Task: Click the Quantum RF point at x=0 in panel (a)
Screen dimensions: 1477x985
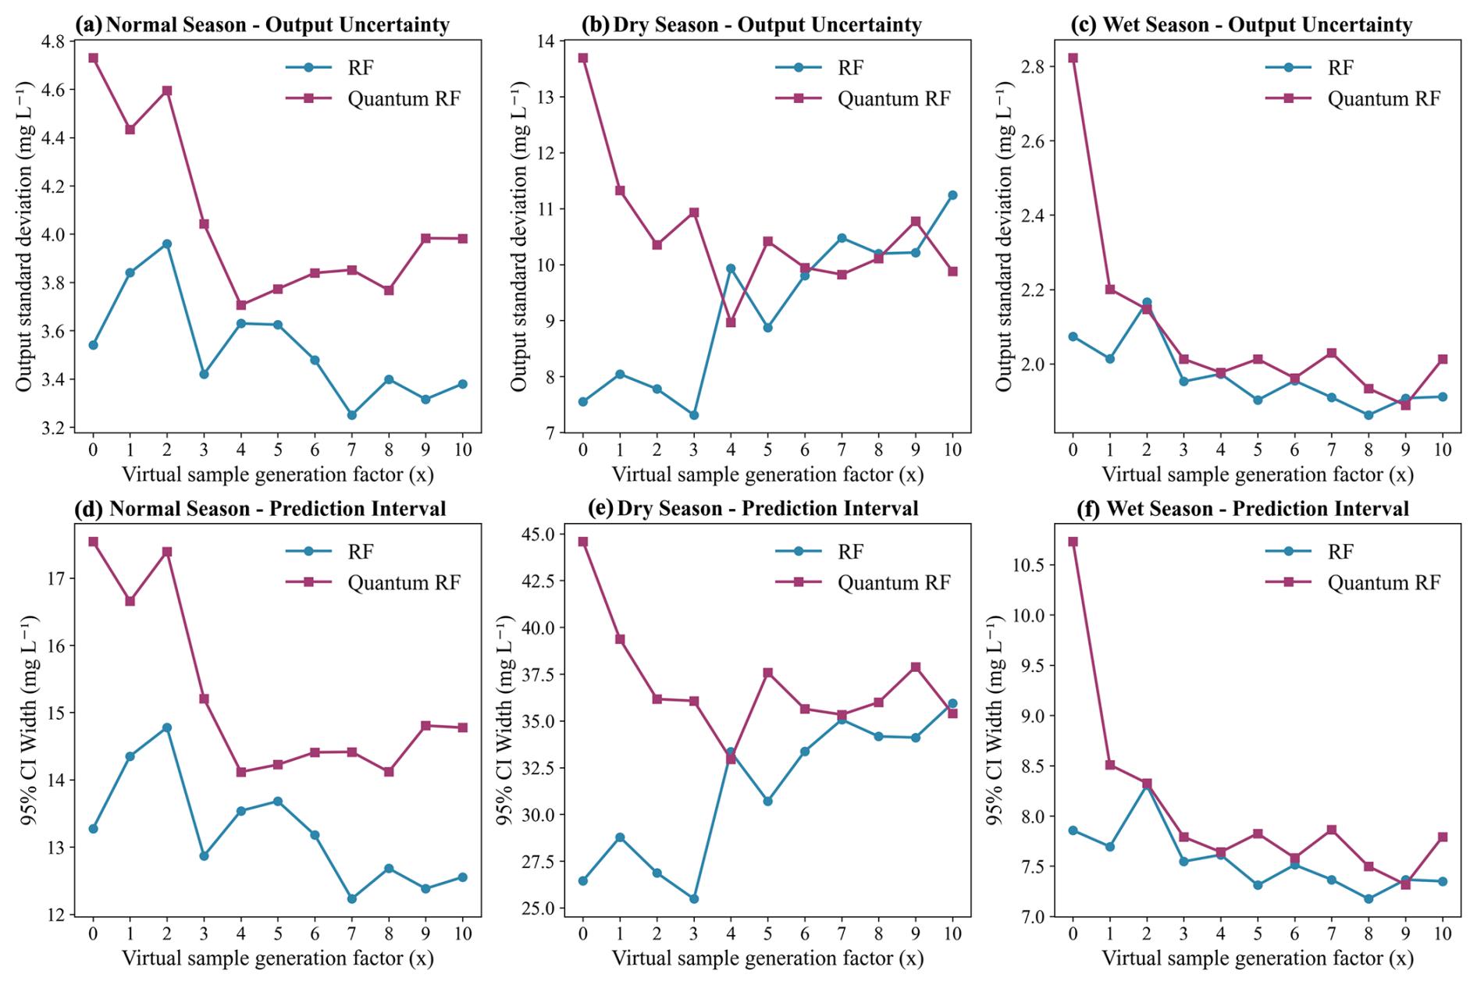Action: (x=93, y=58)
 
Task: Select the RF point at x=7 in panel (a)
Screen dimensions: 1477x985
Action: (x=352, y=415)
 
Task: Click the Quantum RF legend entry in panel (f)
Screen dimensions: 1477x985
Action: (x=1353, y=583)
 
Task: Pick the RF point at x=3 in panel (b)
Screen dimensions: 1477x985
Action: (x=694, y=415)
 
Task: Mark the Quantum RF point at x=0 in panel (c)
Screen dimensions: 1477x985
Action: (x=1073, y=58)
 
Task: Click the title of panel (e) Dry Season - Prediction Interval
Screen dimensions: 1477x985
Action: (x=753, y=509)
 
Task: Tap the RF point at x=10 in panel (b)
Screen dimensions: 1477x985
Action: (x=952, y=195)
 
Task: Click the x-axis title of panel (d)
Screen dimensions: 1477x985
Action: (x=278, y=958)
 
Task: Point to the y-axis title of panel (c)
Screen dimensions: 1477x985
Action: (x=1004, y=236)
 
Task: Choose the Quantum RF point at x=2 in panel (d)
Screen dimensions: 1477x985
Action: (x=167, y=552)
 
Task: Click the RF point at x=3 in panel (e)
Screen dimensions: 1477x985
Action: (x=694, y=899)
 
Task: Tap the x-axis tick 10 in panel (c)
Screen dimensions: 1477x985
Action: (x=1443, y=450)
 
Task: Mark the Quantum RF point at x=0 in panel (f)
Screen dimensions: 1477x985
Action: (x=1073, y=542)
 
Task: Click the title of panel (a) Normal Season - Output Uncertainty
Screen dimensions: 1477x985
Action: (x=262, y=25)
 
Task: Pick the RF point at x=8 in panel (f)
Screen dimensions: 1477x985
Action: (x=1368, y=899)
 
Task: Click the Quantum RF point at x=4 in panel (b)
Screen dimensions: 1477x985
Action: (x=731, y=322)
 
